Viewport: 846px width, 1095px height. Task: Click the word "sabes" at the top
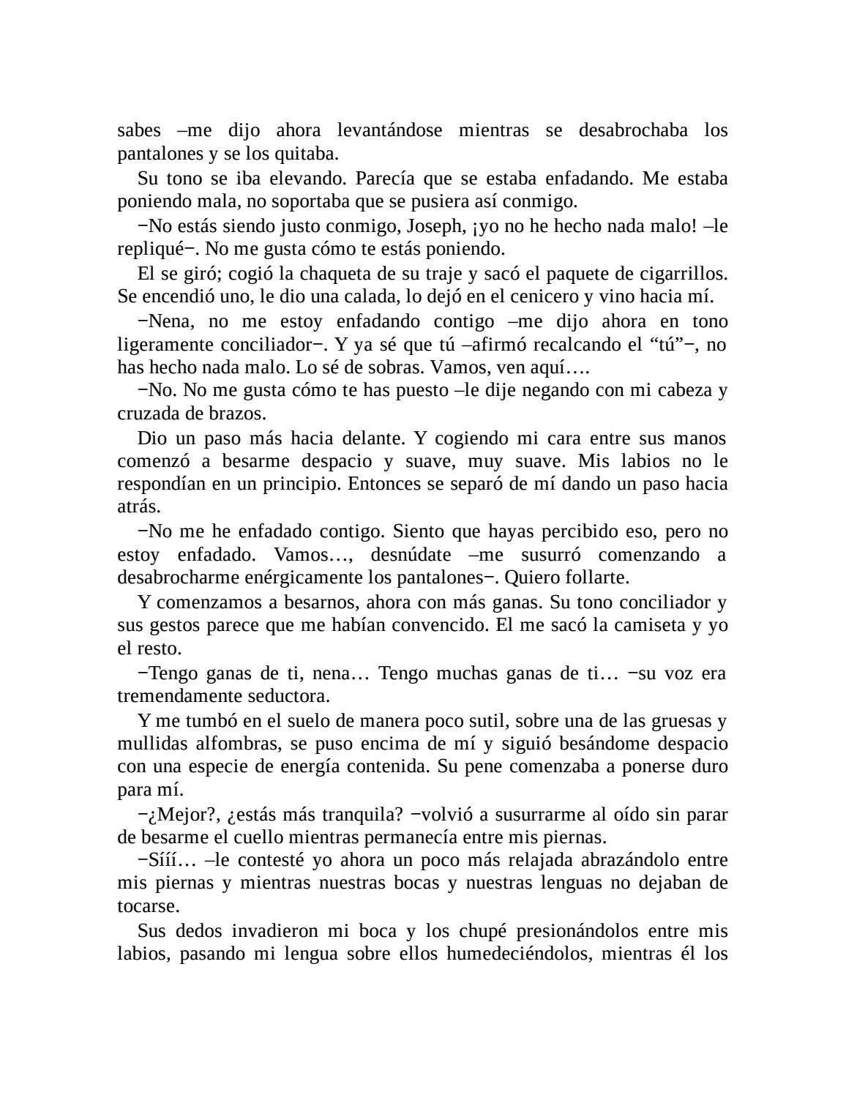pos(138,130)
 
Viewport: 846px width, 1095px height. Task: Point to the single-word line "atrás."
pos(138,507)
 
